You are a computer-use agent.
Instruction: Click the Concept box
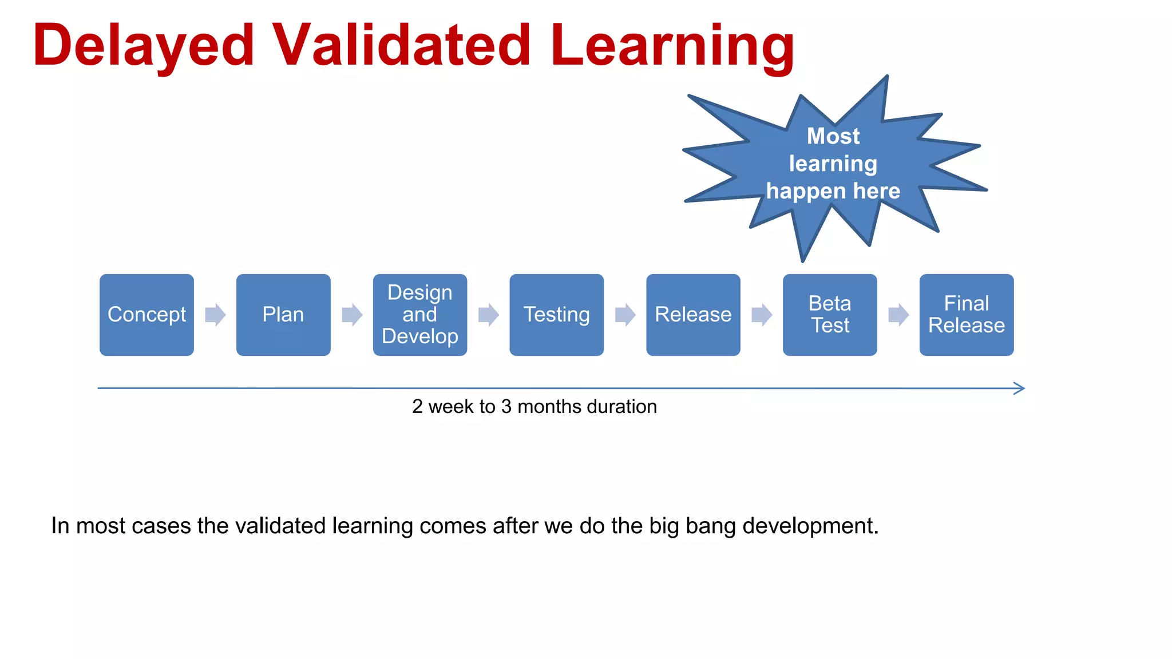pos(146,315)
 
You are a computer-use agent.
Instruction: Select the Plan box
pos(283,315)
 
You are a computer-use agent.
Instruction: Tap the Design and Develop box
pos(419,315)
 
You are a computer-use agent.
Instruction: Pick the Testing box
pos(556,315)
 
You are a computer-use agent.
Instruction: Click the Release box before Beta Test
pos(693,315)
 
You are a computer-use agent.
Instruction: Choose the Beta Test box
pos(830,315)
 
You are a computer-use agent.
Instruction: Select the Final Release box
pos(967,315)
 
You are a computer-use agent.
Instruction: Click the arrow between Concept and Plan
pos(215,315)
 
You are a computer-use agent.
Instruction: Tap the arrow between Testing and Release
pos(625,315)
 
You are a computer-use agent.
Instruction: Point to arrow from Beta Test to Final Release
pos(898,315)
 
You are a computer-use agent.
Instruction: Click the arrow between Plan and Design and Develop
pos(352,315)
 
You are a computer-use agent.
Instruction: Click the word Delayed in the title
pos(143,46)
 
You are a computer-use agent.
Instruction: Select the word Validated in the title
pos(401,46)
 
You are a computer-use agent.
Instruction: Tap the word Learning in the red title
pos(672,46)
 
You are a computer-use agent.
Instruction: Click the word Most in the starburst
pos(833,136)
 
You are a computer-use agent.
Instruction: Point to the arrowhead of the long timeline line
pos(1020,388)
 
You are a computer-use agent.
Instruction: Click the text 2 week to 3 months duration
pos(534,407)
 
